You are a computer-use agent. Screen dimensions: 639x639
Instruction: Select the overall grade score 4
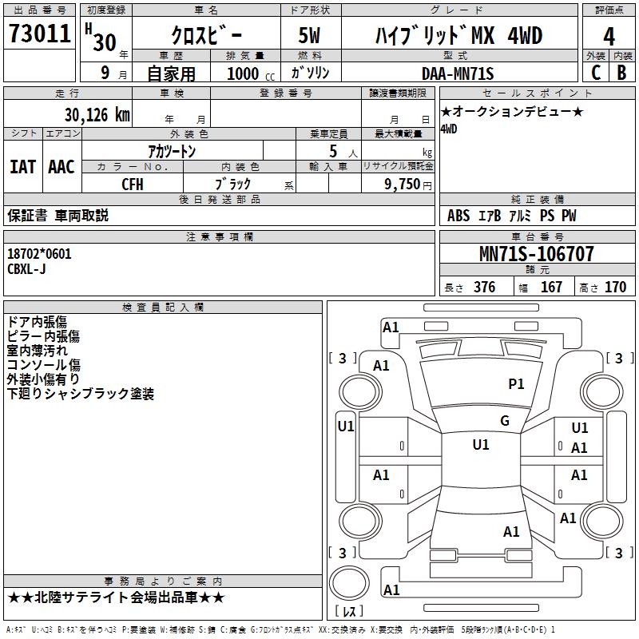[609, 36]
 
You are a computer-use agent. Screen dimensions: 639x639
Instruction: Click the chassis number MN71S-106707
[537, 255]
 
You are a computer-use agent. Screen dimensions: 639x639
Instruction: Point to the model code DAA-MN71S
[458, 73]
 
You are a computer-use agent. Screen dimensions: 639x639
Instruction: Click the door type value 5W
[312, 37]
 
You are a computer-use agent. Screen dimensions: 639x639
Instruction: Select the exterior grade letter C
[595, 73]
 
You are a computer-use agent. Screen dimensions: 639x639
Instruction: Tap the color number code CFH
[133, 184]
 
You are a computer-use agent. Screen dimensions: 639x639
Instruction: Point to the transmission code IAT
[22, 167]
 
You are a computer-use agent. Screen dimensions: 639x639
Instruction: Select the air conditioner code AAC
[62, 167]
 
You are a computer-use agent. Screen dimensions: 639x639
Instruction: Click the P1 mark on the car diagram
[517, 384]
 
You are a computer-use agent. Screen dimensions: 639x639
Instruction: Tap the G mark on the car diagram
[505, 421]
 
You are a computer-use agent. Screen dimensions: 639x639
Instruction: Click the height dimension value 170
[615, 288]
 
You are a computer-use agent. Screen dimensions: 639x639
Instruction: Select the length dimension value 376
[484, 288]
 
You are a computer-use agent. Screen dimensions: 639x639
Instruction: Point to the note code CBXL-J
[26, 268]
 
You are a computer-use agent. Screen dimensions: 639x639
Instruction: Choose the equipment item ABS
[458, 216]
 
